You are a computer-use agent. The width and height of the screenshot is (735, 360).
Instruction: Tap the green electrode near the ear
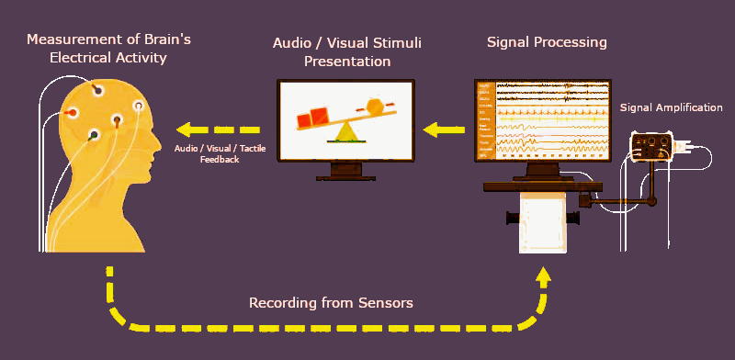[x=93, y=136]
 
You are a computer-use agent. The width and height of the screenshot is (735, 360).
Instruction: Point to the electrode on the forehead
[x=140, y=106]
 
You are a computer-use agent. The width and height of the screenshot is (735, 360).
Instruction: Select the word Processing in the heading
[x=573, y=42]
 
